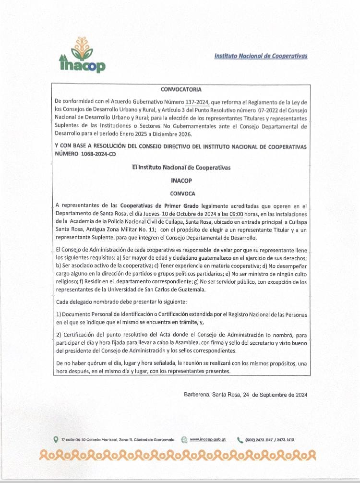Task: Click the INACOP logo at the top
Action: tap(82, 55)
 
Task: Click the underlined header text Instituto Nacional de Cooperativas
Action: tap(261, 56)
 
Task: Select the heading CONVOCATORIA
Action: tap(181, 89)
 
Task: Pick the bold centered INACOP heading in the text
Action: tap(181, 181)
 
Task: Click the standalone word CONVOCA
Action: tap(182, 193)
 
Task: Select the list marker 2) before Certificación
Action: tap(59, 335)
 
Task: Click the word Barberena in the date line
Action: tap(196, 395)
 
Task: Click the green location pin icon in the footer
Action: tap(56, 439)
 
